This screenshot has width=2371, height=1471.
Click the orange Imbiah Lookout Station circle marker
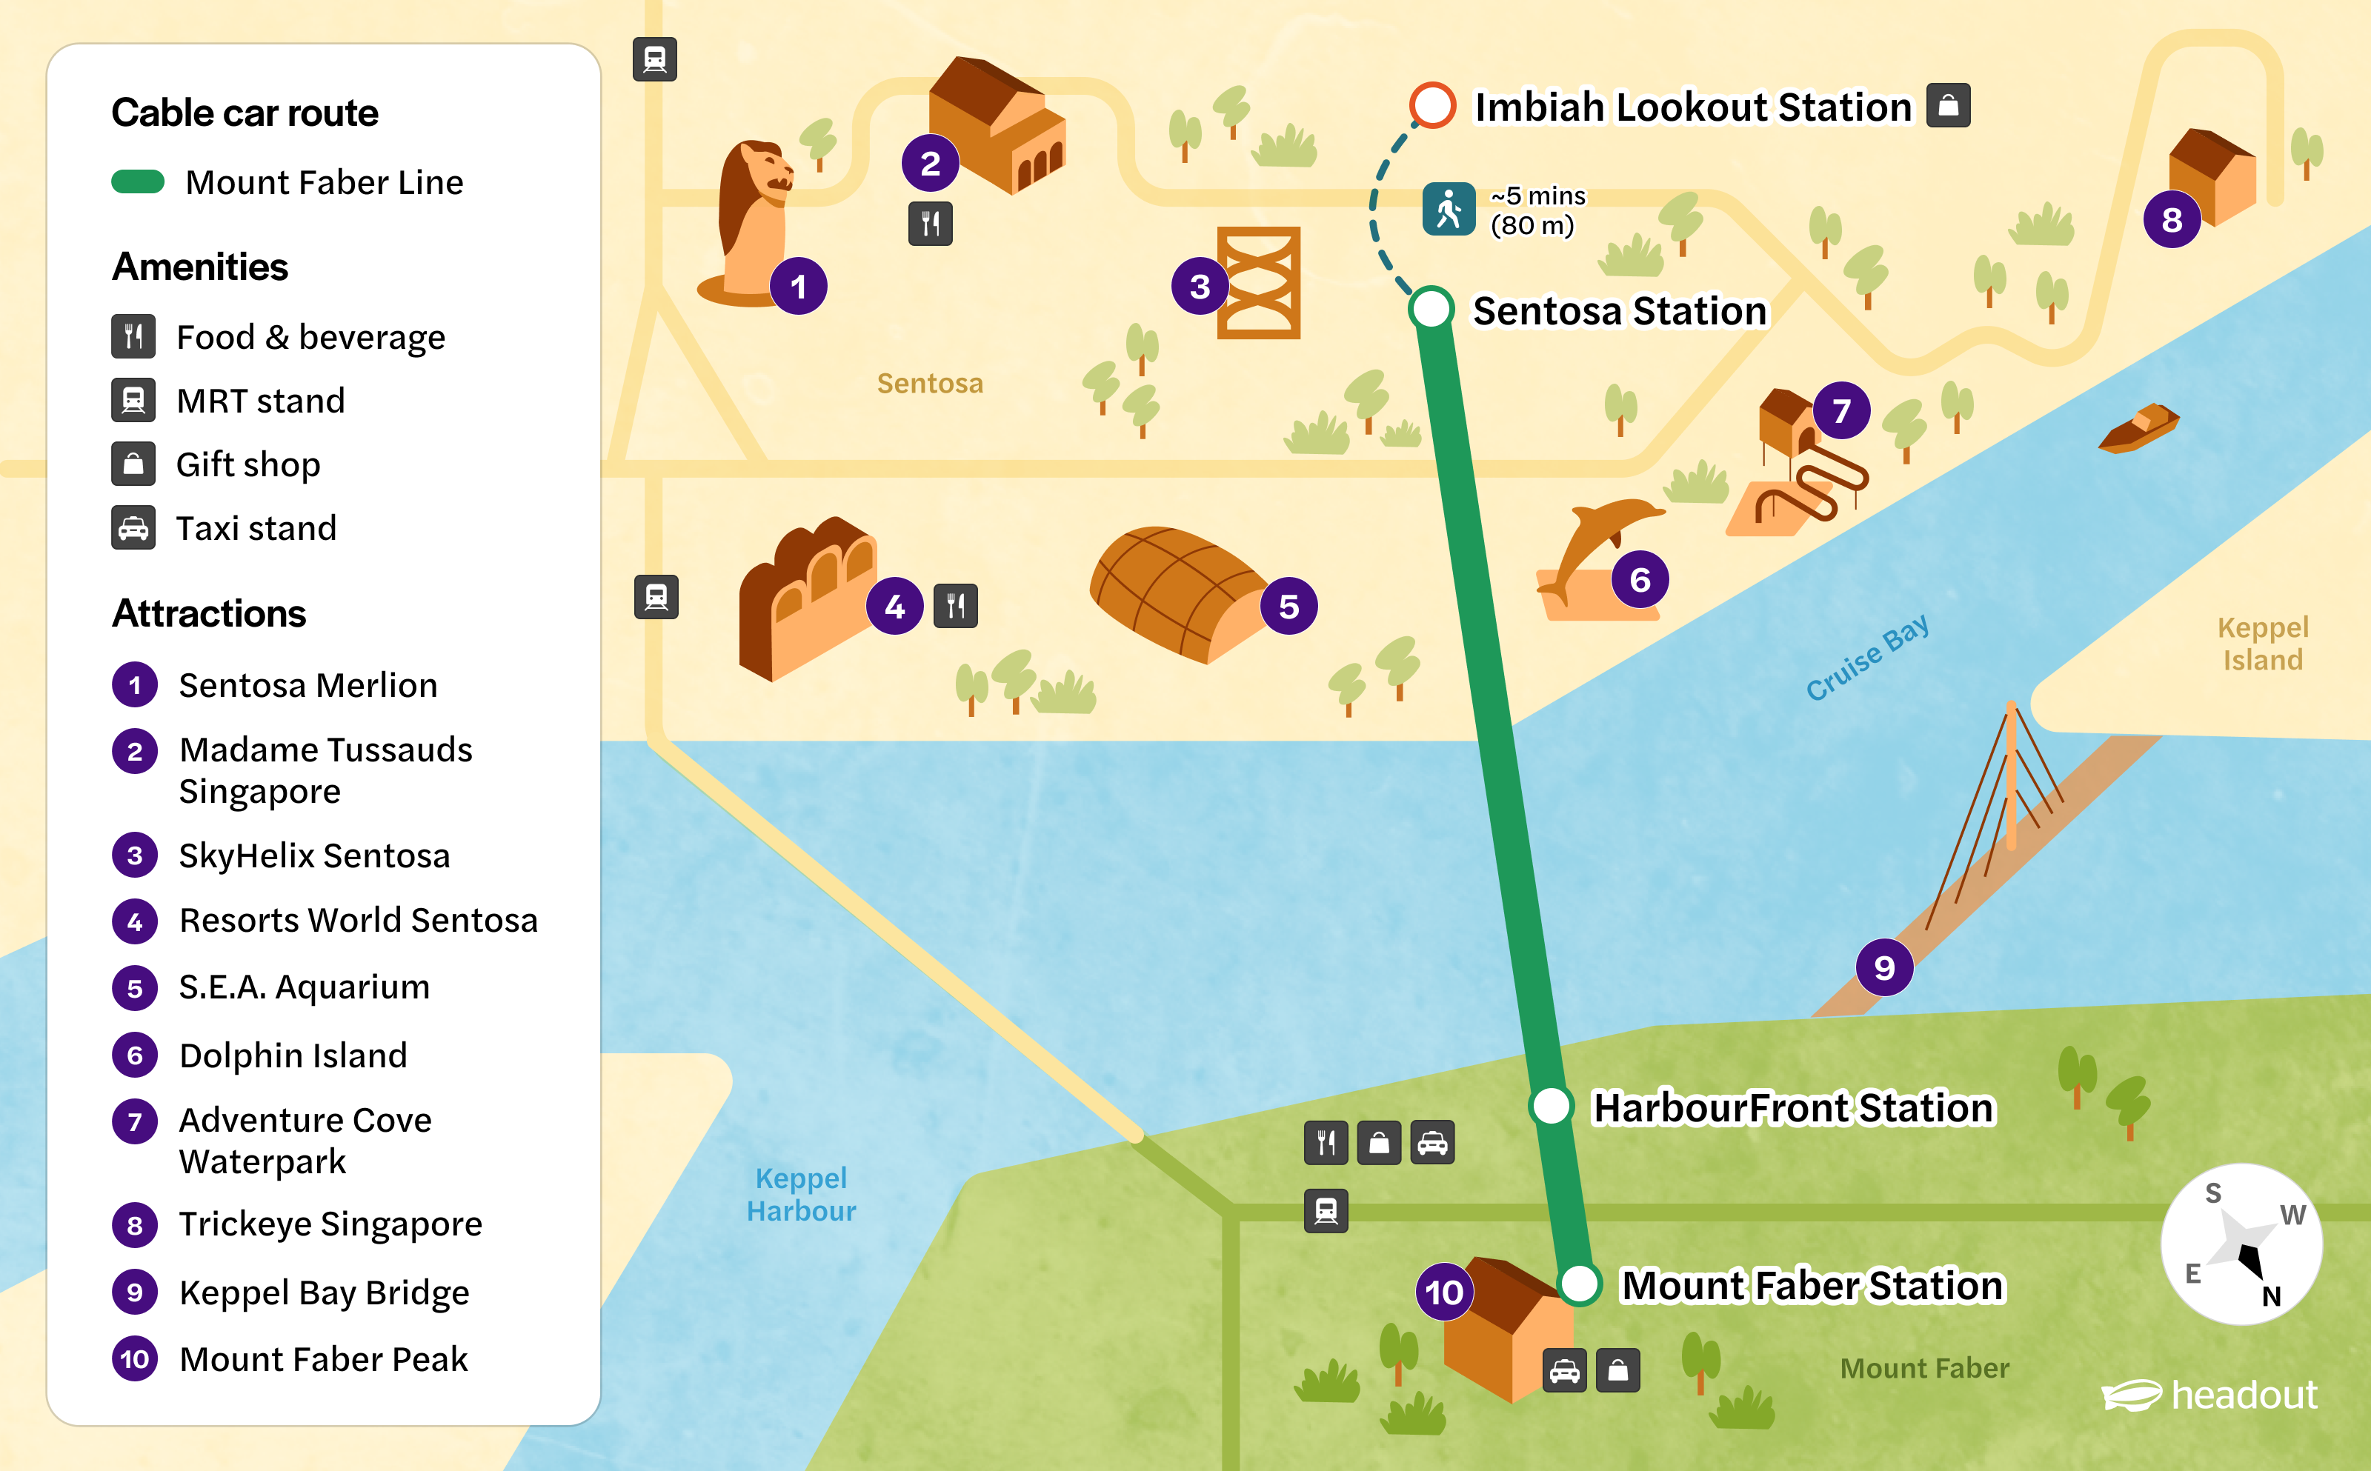[1432, 105]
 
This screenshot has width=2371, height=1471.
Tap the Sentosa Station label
[1619, 311]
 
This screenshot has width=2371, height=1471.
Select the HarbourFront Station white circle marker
[1551, 1106]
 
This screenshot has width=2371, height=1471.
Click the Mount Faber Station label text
[1812, 1285]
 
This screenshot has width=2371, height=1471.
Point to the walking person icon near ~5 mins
[1449, 209]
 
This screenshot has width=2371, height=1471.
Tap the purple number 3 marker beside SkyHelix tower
[1200, 286]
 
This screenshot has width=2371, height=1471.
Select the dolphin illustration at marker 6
[1595, 545]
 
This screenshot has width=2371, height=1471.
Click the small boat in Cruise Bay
[2138, 429]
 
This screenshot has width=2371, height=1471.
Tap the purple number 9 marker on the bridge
[1883, 967]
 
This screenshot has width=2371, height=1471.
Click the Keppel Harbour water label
[801, 1194]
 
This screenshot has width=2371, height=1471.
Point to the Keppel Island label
[2262, 643]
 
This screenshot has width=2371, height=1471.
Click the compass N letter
[2271, 1296]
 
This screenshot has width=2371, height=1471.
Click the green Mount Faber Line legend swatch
[138, 182]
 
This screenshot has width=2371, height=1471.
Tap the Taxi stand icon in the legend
[133, 528]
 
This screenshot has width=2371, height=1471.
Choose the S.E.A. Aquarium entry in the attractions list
[304, 987]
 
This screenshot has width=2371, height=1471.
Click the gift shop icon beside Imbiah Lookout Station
[1948, 105]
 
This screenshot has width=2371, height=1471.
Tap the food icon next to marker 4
[955, 606]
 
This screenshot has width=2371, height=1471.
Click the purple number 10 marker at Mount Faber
[1444, 1292]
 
